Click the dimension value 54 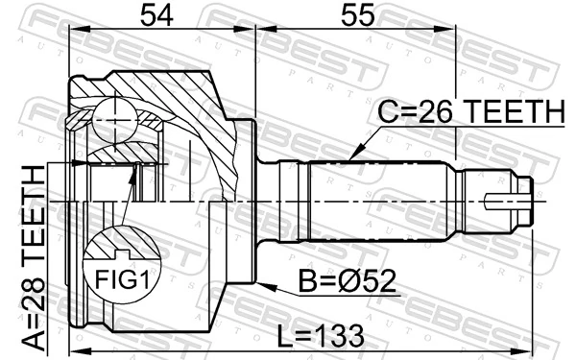[x=159, y=16]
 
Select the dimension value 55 [x=356, y=16]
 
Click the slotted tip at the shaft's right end [x=509, y=202]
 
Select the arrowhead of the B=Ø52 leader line [x=262, y=285]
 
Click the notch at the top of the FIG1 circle [x=121, y=254]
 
